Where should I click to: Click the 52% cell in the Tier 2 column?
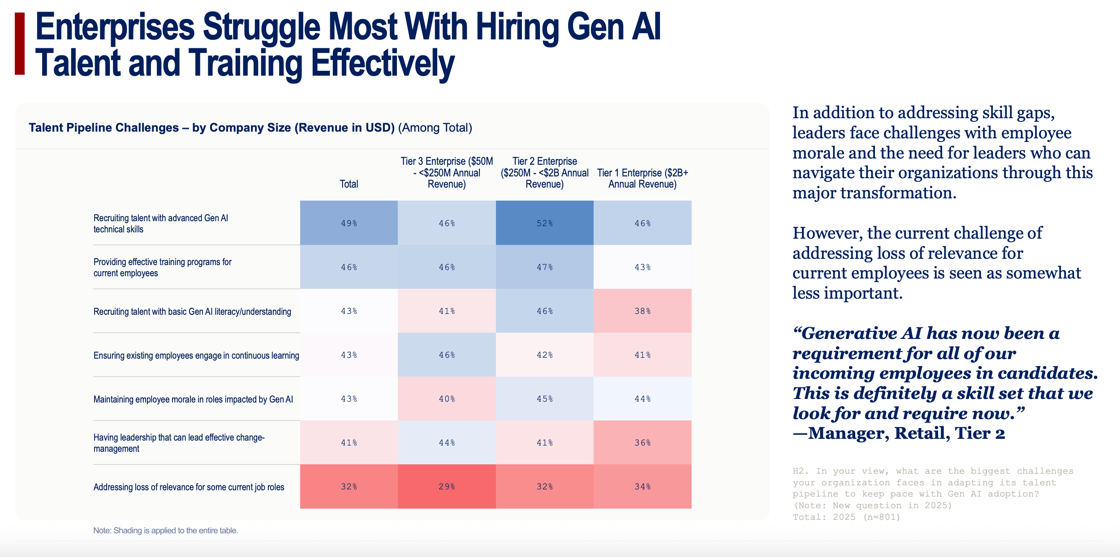[x=544, y=223]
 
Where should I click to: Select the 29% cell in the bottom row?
[x=447, y=487]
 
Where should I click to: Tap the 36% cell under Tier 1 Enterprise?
[x=642, y=443]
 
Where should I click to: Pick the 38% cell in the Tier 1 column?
[x=642, y=311]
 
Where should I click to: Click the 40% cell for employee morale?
[x=447, y=399]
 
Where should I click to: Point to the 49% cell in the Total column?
[x=349, y=223]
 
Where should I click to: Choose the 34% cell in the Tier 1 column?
[x=642, y=487]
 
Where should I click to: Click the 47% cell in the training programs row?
[x=544, y=267]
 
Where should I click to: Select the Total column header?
[x=349, y=184]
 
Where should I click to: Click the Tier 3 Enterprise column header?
[x=447, y=173]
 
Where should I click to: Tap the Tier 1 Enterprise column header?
[x=642, y=178]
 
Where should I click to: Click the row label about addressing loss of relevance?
[x=189, y=487]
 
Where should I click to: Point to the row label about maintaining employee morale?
[x=193, y=399]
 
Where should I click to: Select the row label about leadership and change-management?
[x=179, y=443]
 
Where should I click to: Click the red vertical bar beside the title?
[x=20, y=43]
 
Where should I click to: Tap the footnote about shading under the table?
[x=166, y=531]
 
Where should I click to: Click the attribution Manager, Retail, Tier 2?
[x=899, y=433]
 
